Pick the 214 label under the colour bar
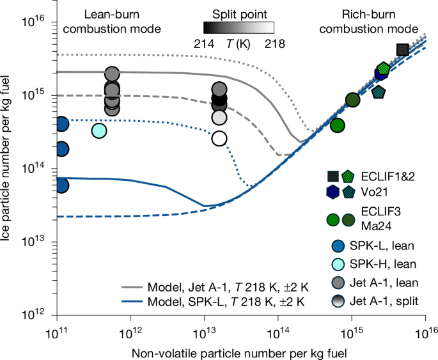pos(203,43)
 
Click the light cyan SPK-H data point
pos(99,130)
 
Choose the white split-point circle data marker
pos(219,138)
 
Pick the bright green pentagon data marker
pos(384,68)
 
